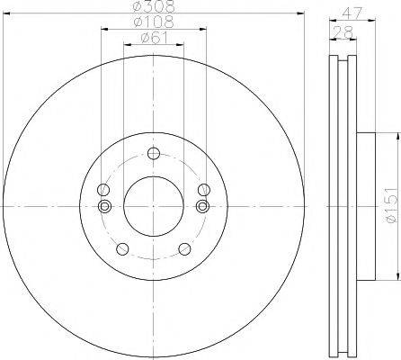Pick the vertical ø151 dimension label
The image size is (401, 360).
[390, 204]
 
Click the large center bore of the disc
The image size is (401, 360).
[152, 203]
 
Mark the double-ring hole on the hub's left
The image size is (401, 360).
[104, 206]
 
